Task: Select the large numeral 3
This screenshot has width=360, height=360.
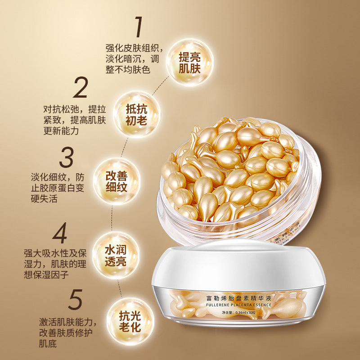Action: pos(66,157)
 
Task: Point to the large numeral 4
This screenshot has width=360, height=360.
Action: pos(60,233)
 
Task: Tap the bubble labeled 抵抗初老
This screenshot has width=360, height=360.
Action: pos(137,115)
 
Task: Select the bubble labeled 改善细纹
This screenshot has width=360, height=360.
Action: pos(117,181)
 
